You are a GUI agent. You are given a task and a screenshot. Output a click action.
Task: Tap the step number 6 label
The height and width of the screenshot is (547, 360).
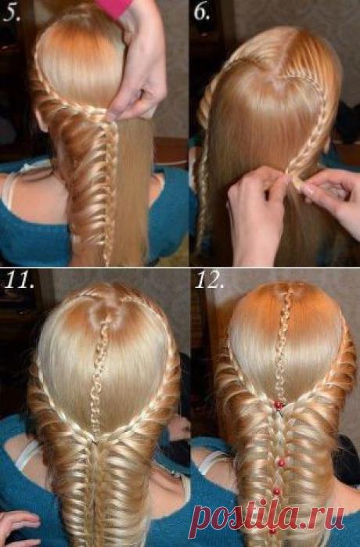[202, 13]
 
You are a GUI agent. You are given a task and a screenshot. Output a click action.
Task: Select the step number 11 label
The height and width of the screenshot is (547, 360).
[19, 279]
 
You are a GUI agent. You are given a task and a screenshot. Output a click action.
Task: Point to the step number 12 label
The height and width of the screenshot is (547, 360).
[209, 279]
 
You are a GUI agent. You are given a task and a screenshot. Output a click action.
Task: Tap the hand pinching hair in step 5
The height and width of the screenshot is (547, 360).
[139, 67]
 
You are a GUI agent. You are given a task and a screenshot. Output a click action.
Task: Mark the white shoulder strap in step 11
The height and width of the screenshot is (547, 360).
[28, 454]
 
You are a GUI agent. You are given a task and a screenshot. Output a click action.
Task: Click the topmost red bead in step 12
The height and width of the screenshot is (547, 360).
[279, 405]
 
